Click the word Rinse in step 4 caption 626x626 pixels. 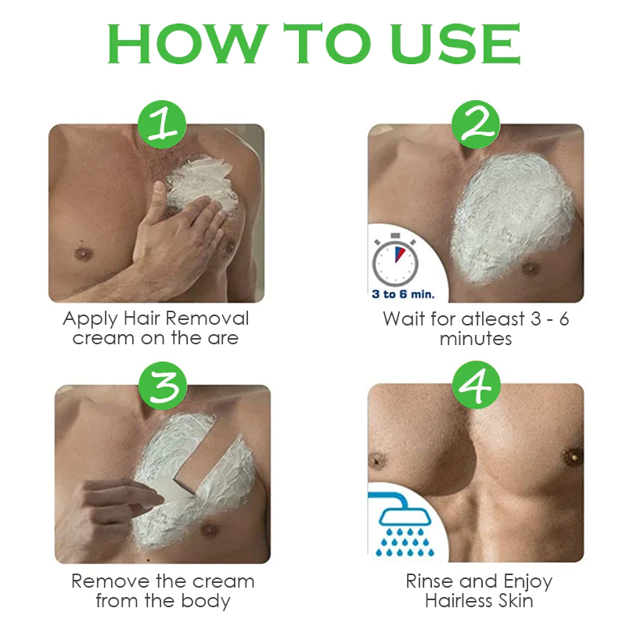tap(428, 581)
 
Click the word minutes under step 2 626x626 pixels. tap(476, 339)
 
